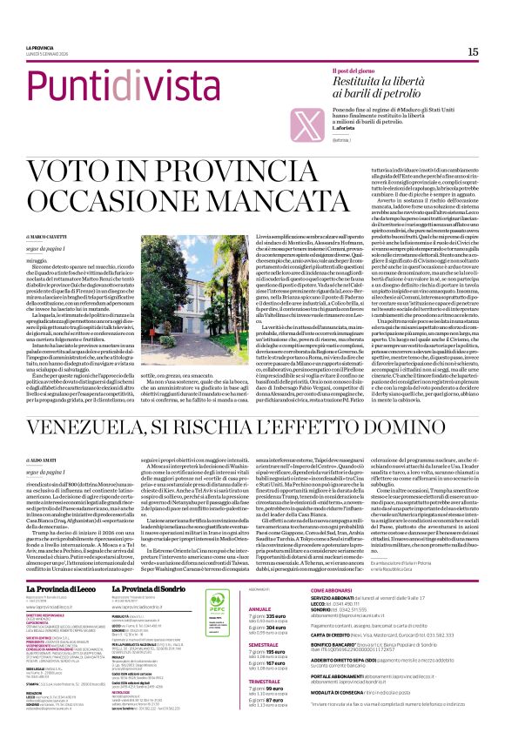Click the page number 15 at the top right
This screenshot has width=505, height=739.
[472, 52]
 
